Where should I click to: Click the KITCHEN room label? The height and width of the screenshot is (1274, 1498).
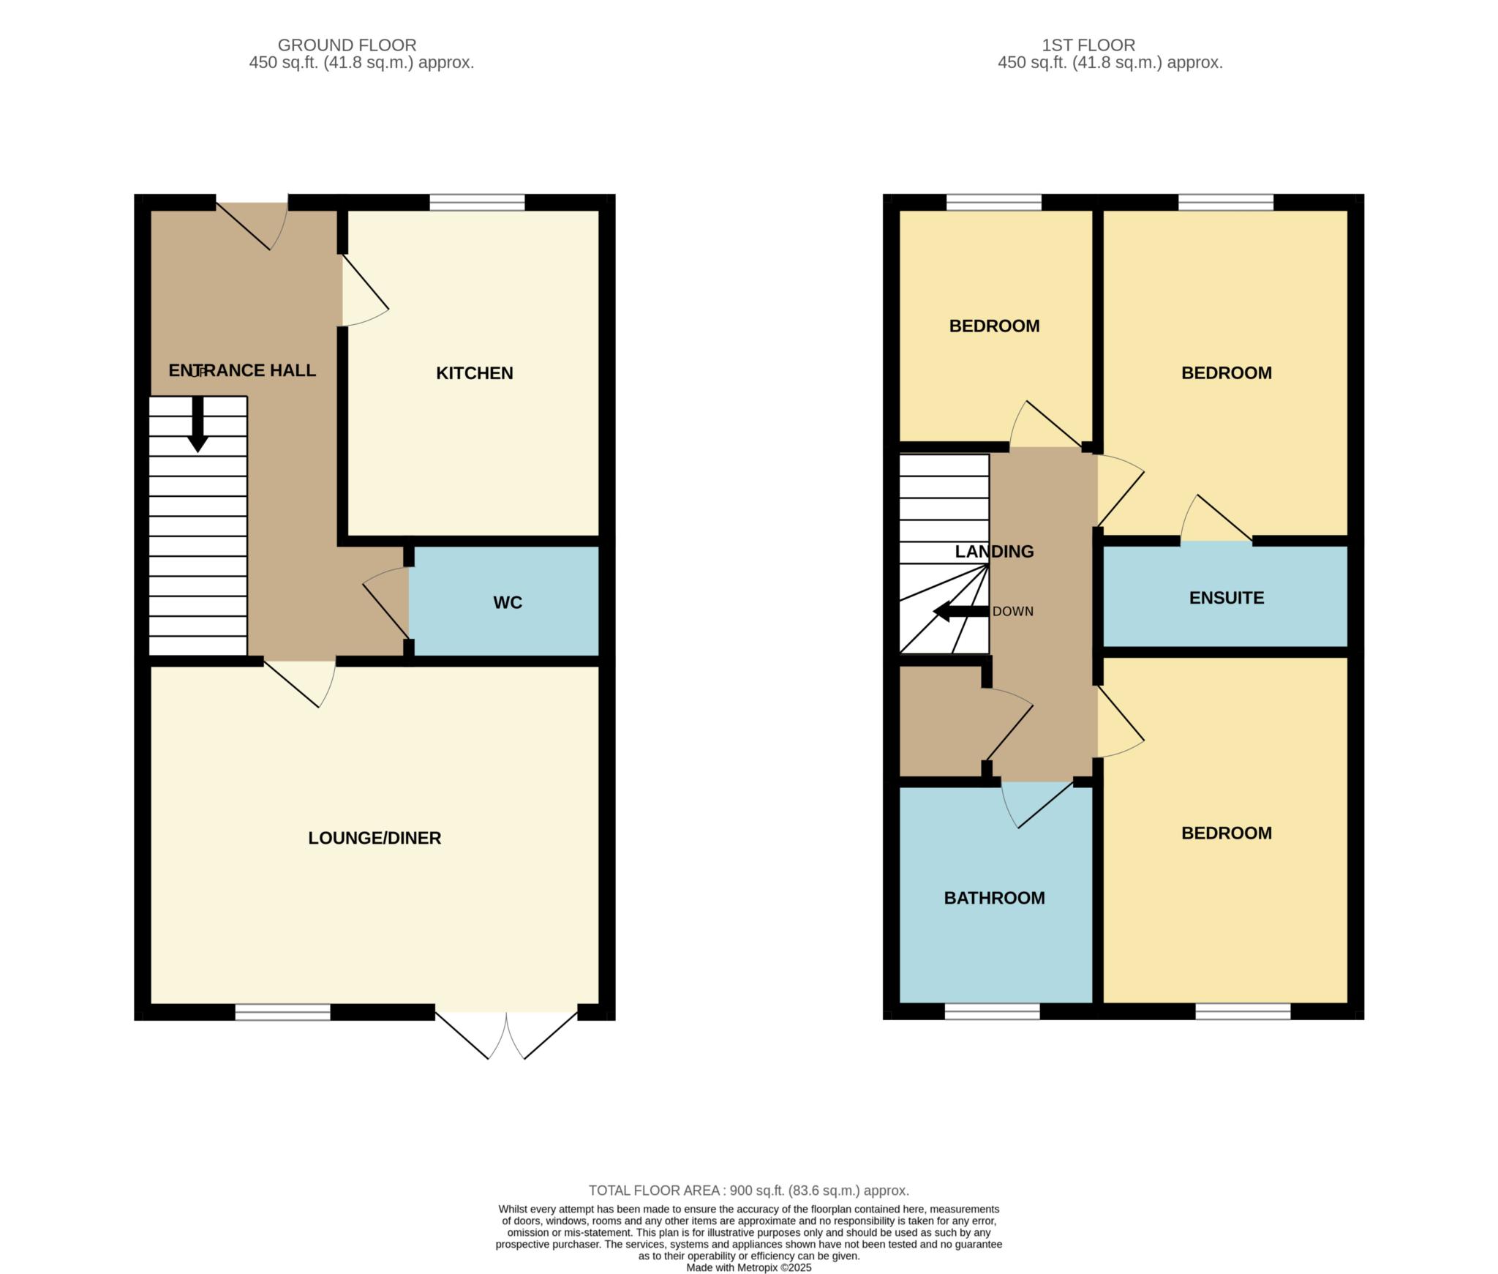click(x=474, y=373)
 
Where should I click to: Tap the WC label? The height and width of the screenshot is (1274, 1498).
click(x=508, y=602)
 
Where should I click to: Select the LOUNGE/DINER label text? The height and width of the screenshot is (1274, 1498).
click(x=374, y=838)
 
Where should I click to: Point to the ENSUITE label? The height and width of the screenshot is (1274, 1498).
click(x=1227, y=598)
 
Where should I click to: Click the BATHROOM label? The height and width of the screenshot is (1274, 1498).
click(x=994, y=898)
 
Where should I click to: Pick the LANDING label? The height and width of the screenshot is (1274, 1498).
click(x=994, y=552)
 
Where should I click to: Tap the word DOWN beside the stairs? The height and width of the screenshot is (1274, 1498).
click(x=1013, y=612)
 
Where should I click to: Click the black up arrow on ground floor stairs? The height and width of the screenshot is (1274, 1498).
click(x=197, y=424)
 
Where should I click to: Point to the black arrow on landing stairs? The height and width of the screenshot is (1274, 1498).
click(x=961, y=612)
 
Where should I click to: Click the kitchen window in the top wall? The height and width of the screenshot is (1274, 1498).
click(x=477, y=202)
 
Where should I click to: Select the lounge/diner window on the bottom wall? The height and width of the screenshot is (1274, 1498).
click(x=282, y=1012)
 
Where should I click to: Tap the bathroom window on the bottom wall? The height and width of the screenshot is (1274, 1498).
click(x=992, y=1012)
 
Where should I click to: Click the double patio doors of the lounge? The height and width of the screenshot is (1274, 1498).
click(x=506, y=1035)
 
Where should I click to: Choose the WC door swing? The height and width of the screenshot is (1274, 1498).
click(x=385, y=603)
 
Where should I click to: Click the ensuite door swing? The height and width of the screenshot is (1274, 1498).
click(x=1216, y=517)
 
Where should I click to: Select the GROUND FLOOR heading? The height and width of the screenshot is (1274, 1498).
click(x=347, y=45)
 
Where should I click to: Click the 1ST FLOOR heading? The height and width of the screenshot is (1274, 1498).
click(x=1088, y=45)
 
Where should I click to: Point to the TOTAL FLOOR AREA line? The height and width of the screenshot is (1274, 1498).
click(x=749, y=1191)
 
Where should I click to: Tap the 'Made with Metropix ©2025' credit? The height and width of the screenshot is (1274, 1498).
click(x=749, y=1268)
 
